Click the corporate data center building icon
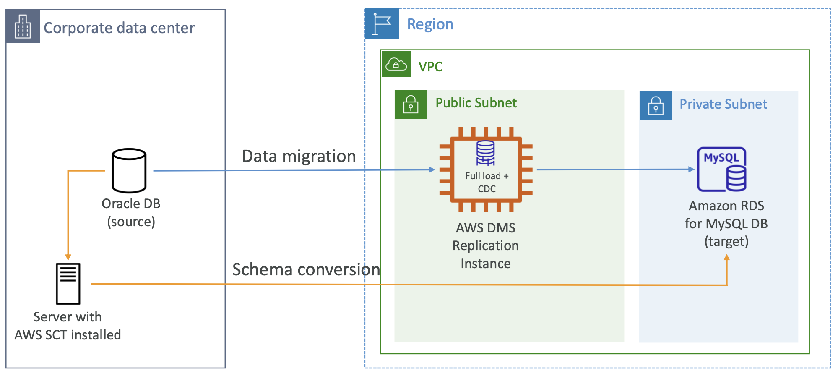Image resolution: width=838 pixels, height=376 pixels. (x=23, y=27)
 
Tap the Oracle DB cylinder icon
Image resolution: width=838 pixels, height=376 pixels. (x=129, y=170)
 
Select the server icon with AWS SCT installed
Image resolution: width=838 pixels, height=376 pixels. (x=68, y=284)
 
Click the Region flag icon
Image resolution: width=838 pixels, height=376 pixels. (x=382, y=24)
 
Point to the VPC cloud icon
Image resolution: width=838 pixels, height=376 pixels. (x=396, y=65)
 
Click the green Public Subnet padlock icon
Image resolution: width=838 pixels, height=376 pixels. (x=411, y=104)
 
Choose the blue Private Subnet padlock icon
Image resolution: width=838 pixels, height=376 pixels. (x=656, y=105)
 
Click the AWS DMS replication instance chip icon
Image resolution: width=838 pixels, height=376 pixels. (x=486, y=170)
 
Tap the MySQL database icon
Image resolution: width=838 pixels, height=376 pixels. (x=721, y=169)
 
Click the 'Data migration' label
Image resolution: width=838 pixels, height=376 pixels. (x=299, y=156)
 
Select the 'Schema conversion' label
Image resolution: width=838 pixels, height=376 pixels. (x=306, y=269)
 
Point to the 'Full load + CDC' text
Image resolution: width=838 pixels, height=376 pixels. (x=487, y=182)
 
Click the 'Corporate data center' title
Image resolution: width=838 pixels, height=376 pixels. (x=119, y=28)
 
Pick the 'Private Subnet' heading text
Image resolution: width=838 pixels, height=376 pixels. (x=723, y=104)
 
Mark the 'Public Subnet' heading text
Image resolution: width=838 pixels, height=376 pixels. (x=476, y=103)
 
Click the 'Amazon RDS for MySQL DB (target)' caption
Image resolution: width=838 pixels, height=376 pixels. (x=726, y=223)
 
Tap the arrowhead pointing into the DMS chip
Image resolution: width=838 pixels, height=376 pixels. (x=432, y=170)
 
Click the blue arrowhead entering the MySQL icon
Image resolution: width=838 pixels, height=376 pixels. (x=692, y=169)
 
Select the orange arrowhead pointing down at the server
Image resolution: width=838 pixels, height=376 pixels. (x=68, y=257)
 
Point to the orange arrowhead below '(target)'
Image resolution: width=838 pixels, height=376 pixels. (x=727, y=257)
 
